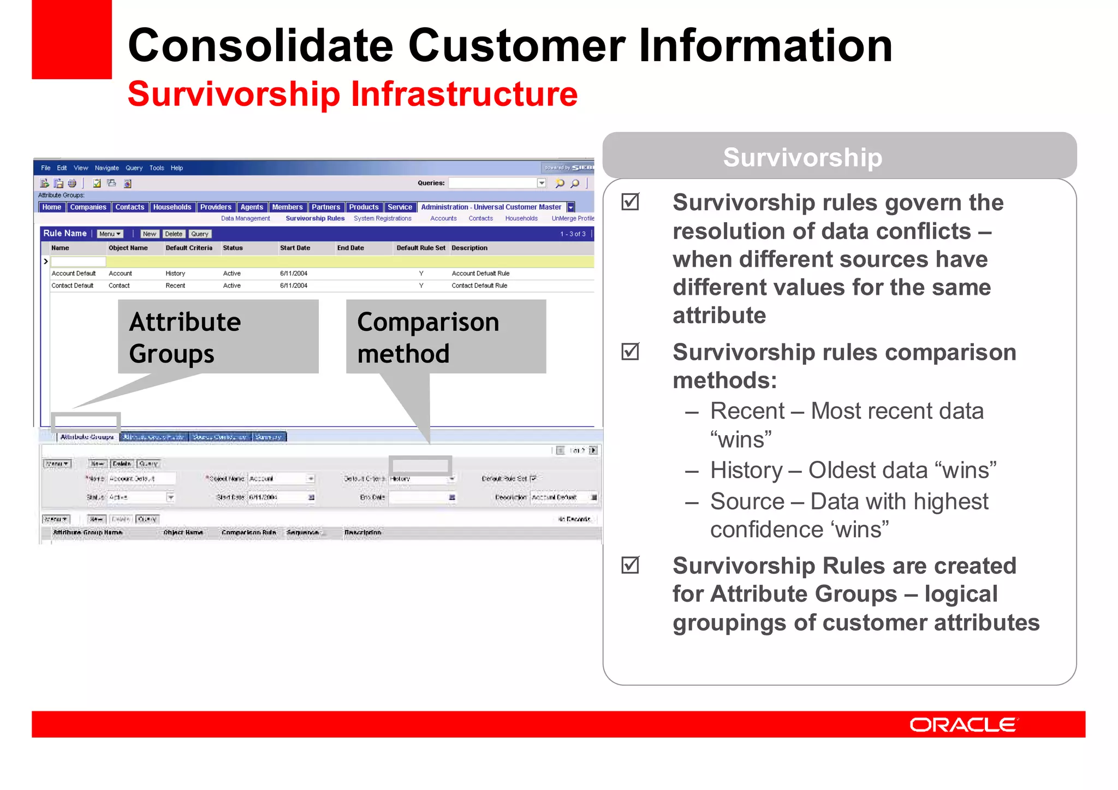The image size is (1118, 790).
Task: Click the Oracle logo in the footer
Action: (x=963, y=724)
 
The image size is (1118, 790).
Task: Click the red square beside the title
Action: (x=72, y=39)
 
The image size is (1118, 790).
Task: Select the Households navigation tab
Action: (x=172, y=207)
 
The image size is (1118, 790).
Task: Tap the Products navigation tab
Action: (x=364, y=207)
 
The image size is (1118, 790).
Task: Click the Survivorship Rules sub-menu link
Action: (x=315, y=218)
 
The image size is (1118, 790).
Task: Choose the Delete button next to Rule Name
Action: (x=174, y=234)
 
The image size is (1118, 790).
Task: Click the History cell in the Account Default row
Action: (x=175, y=274)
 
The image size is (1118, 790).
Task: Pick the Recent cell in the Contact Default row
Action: (x=175, y=286)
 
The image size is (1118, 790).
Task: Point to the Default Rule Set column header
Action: (x=420, y=248)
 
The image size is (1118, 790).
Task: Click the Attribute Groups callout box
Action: (x=218, y=337)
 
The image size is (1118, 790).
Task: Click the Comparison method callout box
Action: (x=445, y=337)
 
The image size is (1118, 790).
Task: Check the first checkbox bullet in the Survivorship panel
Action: (x=630, y=202)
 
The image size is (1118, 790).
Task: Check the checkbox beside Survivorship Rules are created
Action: (x=630, y=565)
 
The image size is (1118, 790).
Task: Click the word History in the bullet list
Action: (x=746, y=470)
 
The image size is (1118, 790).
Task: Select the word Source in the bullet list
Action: (x=747, y=501)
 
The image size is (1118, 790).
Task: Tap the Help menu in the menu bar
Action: (x=176, y=168)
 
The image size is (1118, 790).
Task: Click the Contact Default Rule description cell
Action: (x=479, y=286)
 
